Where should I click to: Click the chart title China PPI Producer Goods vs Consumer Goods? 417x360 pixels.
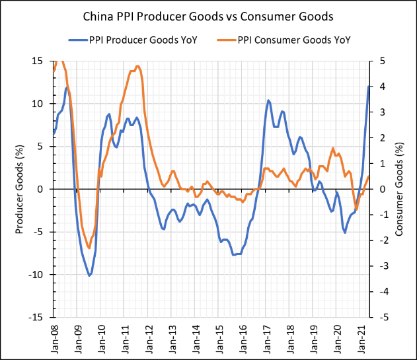tap(208, 15)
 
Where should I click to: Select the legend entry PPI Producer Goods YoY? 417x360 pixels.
tap(143, 40)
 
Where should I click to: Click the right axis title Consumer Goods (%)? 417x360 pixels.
tap(400, 189)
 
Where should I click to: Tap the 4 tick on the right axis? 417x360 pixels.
tap(379, 87)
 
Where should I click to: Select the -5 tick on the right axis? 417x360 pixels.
tap(380, 317)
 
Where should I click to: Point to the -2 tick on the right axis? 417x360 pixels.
tap(380, 240)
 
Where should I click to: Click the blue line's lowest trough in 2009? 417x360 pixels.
tap(90, 275)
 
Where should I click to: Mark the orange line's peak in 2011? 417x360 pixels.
tap(137, 66)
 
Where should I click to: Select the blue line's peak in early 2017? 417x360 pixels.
tap(268, 100)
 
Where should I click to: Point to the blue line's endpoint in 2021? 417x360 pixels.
tap(369, 87)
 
